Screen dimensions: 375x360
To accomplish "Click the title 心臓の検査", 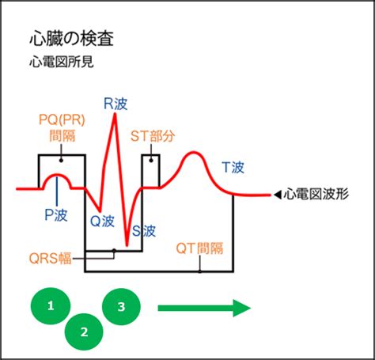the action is point(71,39).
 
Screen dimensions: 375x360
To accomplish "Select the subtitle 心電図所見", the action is point(62,63).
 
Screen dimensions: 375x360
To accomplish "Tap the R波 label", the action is point(116,104).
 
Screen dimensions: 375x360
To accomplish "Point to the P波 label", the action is point(56,215).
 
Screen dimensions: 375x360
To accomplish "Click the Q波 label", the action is point(102,221).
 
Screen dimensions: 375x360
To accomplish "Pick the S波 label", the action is point(144,231).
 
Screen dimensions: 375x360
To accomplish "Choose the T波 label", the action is point(233,167).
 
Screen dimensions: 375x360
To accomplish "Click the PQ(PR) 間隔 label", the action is point(62,127).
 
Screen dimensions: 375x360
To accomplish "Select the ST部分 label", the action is point(153,136).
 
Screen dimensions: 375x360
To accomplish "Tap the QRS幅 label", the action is point(51,258).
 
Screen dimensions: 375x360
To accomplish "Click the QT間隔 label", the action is point(199,248).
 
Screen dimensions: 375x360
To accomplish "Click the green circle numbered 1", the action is point(51,306).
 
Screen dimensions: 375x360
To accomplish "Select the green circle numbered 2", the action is point(84,332).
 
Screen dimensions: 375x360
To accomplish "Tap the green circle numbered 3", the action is point(121,307).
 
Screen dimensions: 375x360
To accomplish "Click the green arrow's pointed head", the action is point(250,308).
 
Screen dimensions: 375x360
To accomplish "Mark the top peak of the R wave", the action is point(115,114).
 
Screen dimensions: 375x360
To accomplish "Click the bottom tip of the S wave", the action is point(127,245).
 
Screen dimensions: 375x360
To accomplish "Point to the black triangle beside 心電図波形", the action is point(278,195).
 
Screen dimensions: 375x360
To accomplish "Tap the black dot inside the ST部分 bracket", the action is point(151,160).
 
